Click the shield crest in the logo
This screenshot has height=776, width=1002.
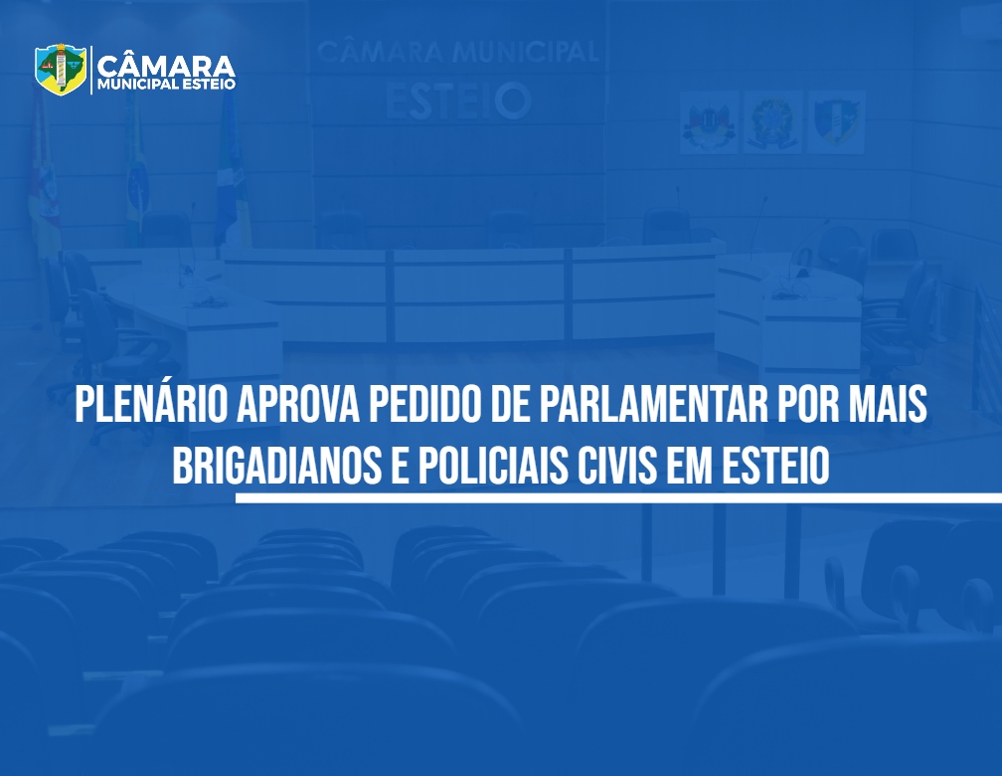click(61, 69)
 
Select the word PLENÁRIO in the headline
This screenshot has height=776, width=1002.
click(151, 404)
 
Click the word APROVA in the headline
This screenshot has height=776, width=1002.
click(299, 404)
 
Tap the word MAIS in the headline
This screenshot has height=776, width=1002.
click(889, 404)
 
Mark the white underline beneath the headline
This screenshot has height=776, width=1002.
click(618, 497)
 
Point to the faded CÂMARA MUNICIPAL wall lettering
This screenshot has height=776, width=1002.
click(458, 52)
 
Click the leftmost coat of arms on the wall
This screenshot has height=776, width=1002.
click(709, 122)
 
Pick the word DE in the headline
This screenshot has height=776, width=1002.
click(513, 404)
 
